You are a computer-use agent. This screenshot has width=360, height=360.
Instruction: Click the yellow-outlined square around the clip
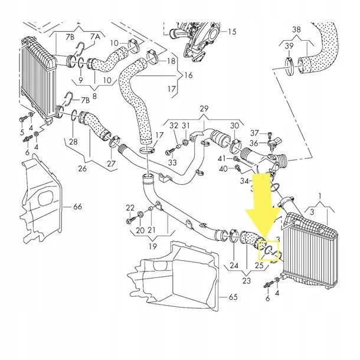[x=270, y=251]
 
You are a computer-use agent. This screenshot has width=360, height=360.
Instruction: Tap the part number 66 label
[x=78, y=207]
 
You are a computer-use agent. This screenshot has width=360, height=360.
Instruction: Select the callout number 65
[x=233, y=297]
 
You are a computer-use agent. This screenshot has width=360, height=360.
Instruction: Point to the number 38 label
[x=296, y=29]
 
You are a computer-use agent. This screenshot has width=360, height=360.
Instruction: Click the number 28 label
[x=73, y=142]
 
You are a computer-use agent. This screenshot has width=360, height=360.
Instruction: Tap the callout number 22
[x=130, y=207]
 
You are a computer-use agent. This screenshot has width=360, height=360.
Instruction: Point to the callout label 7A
[x=94, y=37]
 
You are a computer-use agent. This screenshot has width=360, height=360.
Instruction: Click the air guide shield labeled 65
[x=177, y=277]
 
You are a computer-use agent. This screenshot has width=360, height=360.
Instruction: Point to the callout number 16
[x=188, y=76]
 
